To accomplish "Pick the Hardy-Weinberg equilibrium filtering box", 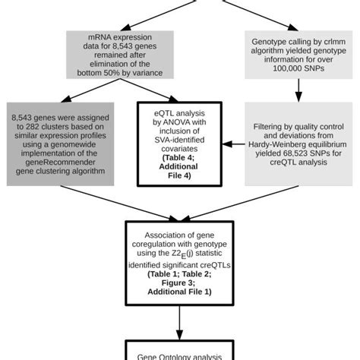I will coord(297,144).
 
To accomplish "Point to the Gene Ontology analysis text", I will coord(180,355).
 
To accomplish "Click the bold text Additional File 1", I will coord(180,291).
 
